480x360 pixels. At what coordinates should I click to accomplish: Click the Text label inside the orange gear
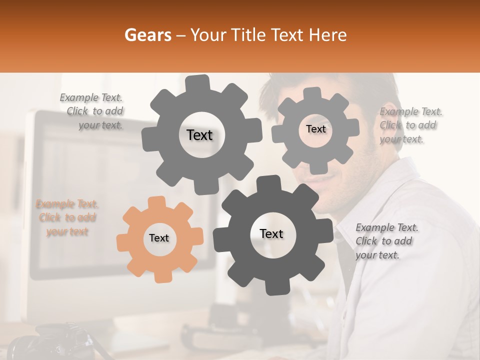[x=159, y=238]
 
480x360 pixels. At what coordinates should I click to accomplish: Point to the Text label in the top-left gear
[x=199, y=135]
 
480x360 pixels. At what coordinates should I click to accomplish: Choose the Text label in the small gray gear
[x=315, y=129]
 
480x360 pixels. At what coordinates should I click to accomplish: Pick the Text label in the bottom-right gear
[x=271, y=233]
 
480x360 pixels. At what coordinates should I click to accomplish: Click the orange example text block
[x=67, y=218]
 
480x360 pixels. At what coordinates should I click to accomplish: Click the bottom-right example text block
[x=386, y=241]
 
